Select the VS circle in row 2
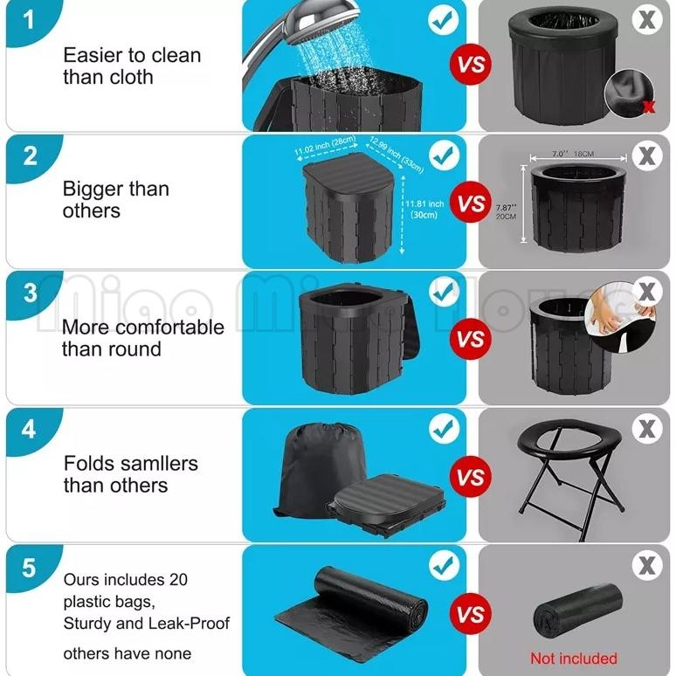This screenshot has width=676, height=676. click(472, 203)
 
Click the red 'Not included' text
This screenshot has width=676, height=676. click(573, 658)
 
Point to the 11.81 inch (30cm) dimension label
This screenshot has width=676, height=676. click(424, 210)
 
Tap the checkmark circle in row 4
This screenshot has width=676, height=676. click(444, 429)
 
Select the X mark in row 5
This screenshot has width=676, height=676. click(646, 566)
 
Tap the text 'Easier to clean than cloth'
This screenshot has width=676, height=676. click(131, 66)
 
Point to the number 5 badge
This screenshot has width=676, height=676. click(30, 567)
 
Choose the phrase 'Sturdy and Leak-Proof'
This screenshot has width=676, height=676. click(146, 624)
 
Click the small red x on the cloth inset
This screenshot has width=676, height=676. click(648, 107)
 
